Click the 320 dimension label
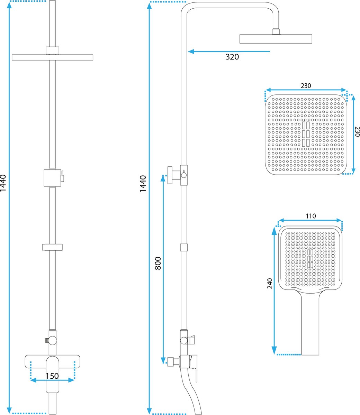232,57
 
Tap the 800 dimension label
158,263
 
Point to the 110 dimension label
311,216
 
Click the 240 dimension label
270,283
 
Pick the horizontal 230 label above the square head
306,86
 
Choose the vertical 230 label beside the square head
357,131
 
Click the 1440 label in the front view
3,183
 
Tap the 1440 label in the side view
143,184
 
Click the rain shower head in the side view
276,39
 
